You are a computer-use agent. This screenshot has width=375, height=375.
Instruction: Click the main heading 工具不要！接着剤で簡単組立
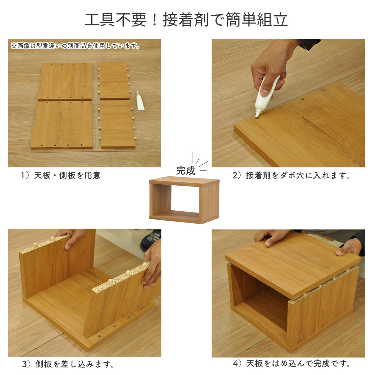coord(186,20)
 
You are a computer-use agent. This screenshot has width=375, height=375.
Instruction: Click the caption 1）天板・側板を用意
coord(61,175)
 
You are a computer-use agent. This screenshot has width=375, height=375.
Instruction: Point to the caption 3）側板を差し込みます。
coord(68,364)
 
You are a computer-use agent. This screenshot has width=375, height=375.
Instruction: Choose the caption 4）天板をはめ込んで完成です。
coord(291,363)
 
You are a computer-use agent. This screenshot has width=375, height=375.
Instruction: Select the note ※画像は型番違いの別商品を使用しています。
coord(75,46)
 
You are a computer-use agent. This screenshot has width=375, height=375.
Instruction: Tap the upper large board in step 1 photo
coord(66,81)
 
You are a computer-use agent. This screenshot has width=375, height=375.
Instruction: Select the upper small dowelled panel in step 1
coord(114,81)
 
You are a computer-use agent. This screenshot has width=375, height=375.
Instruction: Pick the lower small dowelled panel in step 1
coord(118,124)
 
